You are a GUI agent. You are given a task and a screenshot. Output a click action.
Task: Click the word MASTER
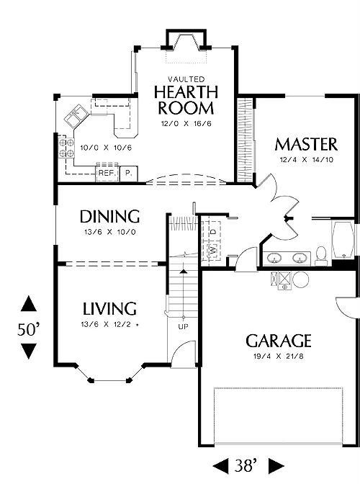point(306,144)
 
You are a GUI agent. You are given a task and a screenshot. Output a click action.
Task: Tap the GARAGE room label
point(278,341)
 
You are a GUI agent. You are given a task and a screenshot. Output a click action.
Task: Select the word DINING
point(109,216)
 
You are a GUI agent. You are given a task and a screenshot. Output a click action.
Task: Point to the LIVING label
point(109,309)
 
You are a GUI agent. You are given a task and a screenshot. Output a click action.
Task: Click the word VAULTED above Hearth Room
point(186,79)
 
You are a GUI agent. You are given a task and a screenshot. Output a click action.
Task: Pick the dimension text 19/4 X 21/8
point(278,357)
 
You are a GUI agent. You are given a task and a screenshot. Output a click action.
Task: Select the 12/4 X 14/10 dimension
point(306,160)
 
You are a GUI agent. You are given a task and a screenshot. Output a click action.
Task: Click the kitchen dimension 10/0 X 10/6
point(106,148)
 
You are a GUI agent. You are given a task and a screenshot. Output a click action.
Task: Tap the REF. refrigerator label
point(107,173)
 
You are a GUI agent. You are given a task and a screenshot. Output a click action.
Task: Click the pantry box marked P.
point(128,174)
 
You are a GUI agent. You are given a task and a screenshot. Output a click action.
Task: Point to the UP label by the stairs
point(183,326)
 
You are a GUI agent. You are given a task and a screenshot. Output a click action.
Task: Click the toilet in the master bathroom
point(321,256)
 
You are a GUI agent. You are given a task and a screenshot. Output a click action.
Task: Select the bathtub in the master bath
point(343,240)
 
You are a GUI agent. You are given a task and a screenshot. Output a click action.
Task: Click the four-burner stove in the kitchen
point(66,148)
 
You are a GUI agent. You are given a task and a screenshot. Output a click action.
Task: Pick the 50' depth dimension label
point(28,329)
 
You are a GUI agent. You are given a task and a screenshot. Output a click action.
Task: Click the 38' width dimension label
point(246,465)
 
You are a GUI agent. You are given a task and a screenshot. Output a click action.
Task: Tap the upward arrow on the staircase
point(184,272)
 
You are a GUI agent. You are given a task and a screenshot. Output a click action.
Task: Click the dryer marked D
point(213,230)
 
